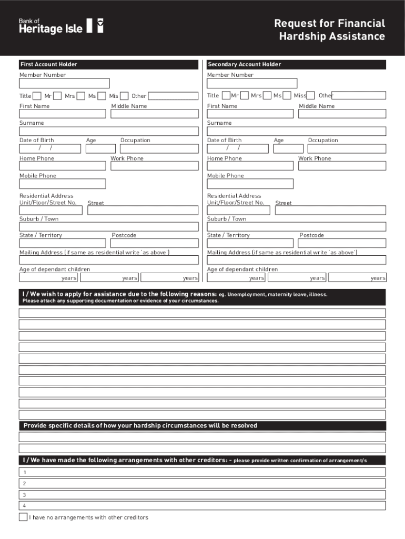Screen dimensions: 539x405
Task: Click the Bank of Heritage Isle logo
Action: (61, 26)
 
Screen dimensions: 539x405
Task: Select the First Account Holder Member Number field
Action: (64, 83)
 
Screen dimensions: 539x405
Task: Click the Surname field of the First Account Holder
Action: (109, 132)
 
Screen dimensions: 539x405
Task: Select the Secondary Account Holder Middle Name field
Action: (342, 114)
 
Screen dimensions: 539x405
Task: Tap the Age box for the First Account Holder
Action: (100, 148)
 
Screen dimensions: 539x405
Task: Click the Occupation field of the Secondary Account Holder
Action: (347, 148)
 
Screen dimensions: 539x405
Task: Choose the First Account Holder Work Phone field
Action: (154, 166)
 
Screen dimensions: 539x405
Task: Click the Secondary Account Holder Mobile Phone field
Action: (250, 184)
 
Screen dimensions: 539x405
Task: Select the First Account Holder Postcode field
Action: (155, 243)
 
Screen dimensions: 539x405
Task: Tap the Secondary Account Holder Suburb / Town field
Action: (297, 227)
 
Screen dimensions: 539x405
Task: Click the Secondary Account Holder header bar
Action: (297, 64)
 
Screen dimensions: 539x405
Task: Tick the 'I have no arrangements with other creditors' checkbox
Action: (23, 517)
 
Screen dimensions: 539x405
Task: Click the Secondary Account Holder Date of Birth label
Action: (225, 141)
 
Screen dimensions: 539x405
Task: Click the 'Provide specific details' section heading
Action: (140, 426)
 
